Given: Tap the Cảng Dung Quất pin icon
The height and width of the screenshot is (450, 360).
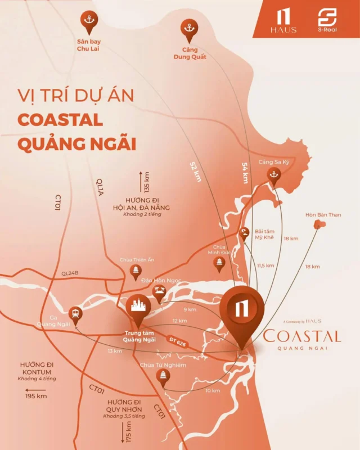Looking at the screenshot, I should pyautogui.click(x=188, y=29).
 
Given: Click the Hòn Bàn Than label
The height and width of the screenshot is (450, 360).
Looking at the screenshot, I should pyautogui.click(x=323, y=214).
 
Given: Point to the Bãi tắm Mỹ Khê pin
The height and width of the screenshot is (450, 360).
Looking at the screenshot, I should pyautogui.click(x=245, y=233).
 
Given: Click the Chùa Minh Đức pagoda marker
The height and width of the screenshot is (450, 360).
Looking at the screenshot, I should pyautogui.click(x=220, y=263).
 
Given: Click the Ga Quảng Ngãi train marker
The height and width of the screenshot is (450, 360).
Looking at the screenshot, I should pyautogui.click(x=75, y=313).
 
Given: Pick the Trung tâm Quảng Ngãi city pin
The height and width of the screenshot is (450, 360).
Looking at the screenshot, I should pyautogui.click(x=138, y=307).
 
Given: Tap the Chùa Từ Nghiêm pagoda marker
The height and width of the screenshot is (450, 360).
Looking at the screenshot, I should pyautogui.click(x=164, y=378).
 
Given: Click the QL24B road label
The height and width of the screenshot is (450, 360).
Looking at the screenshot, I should pyautogui.click(x=71, y=273).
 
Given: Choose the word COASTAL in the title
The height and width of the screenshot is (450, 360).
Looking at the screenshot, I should pyautogui.click(x=60, y=120).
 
